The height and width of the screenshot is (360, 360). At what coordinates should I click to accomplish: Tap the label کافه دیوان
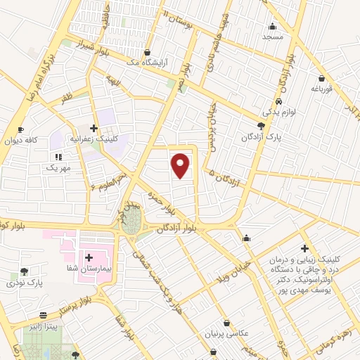click(x=21, y=141)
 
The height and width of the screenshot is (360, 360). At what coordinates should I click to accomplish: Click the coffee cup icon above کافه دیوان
click(x=20, y=129)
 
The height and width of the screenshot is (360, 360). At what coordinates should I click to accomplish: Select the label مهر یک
click(x=57, y=169)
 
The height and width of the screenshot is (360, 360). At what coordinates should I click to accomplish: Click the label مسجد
click(x=271, y=36)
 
